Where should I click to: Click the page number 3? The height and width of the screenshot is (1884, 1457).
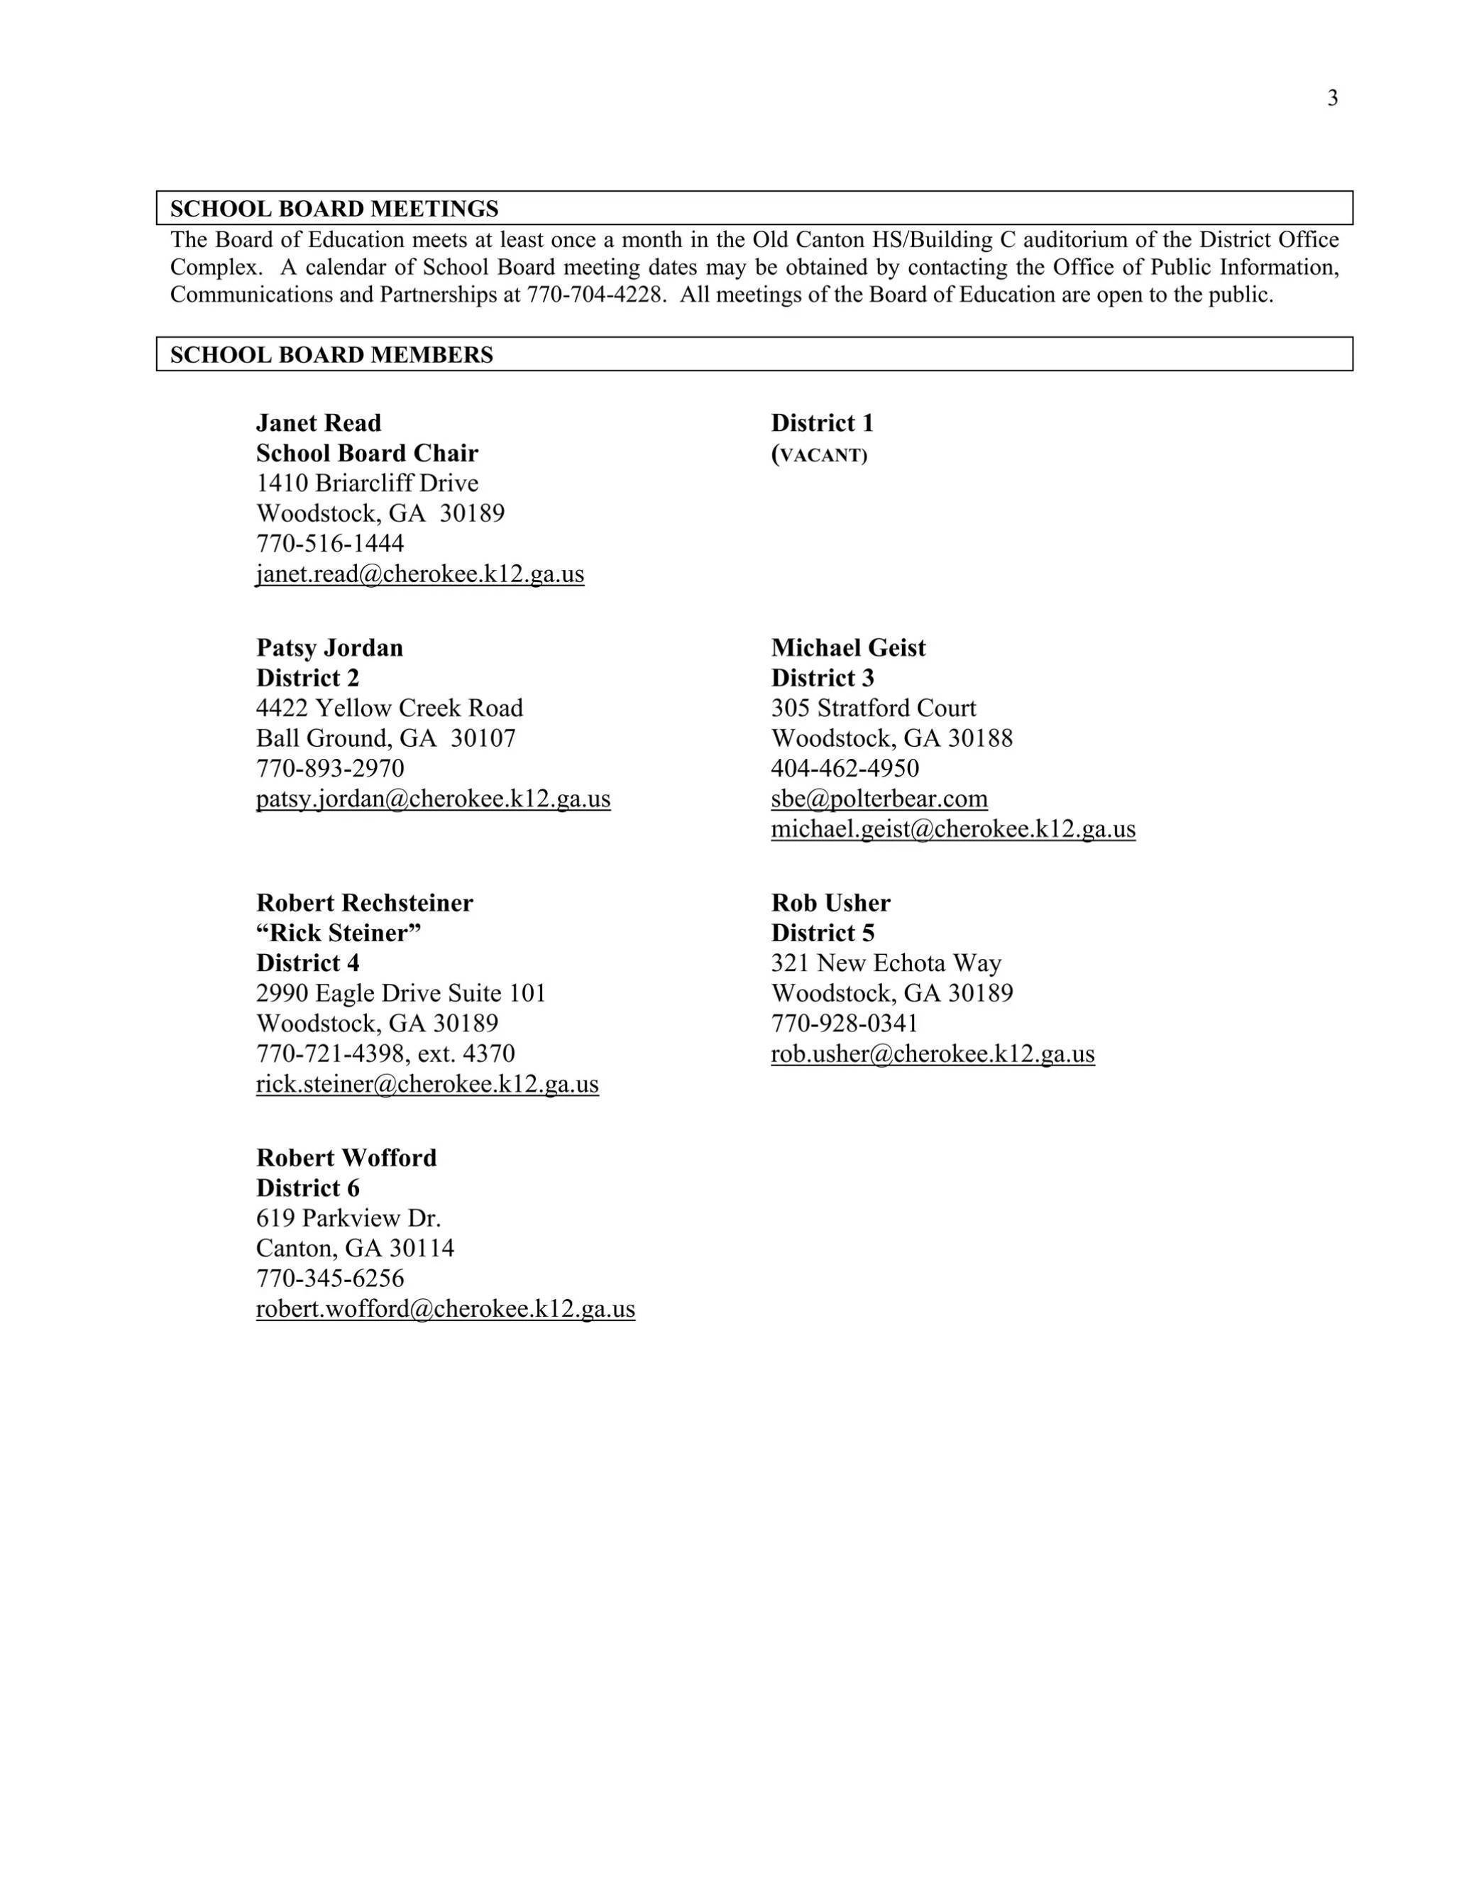click(x=1332, y=99)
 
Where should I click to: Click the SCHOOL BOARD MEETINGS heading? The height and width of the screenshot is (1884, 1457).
click(x=334, y=209)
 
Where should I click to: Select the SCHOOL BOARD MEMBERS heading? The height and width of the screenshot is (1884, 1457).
click(x=331, y=354)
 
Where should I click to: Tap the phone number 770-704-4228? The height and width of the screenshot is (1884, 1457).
click(x=596, y=295)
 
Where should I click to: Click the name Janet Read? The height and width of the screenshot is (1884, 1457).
click(x=319, y=422)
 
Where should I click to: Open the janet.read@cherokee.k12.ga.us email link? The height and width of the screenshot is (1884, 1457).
click(x=420, y=574)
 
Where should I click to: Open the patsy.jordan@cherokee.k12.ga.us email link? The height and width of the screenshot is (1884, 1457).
click(x=433, y=799)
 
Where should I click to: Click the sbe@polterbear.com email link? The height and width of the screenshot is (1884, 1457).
click(x=879, y=799)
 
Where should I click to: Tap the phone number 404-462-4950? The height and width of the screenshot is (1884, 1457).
click(x=845, y=768)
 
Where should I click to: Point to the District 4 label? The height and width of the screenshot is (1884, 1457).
click(x=308, y=963)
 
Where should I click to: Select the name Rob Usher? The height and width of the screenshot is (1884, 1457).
click(x=831, y=902)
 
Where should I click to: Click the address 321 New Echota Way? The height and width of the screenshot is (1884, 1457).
click(x=886, y=963)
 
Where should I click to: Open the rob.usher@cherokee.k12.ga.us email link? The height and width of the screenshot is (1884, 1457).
click(x=933, y=1053)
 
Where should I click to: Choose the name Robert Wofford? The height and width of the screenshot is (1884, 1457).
click(x=346, y=1158)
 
